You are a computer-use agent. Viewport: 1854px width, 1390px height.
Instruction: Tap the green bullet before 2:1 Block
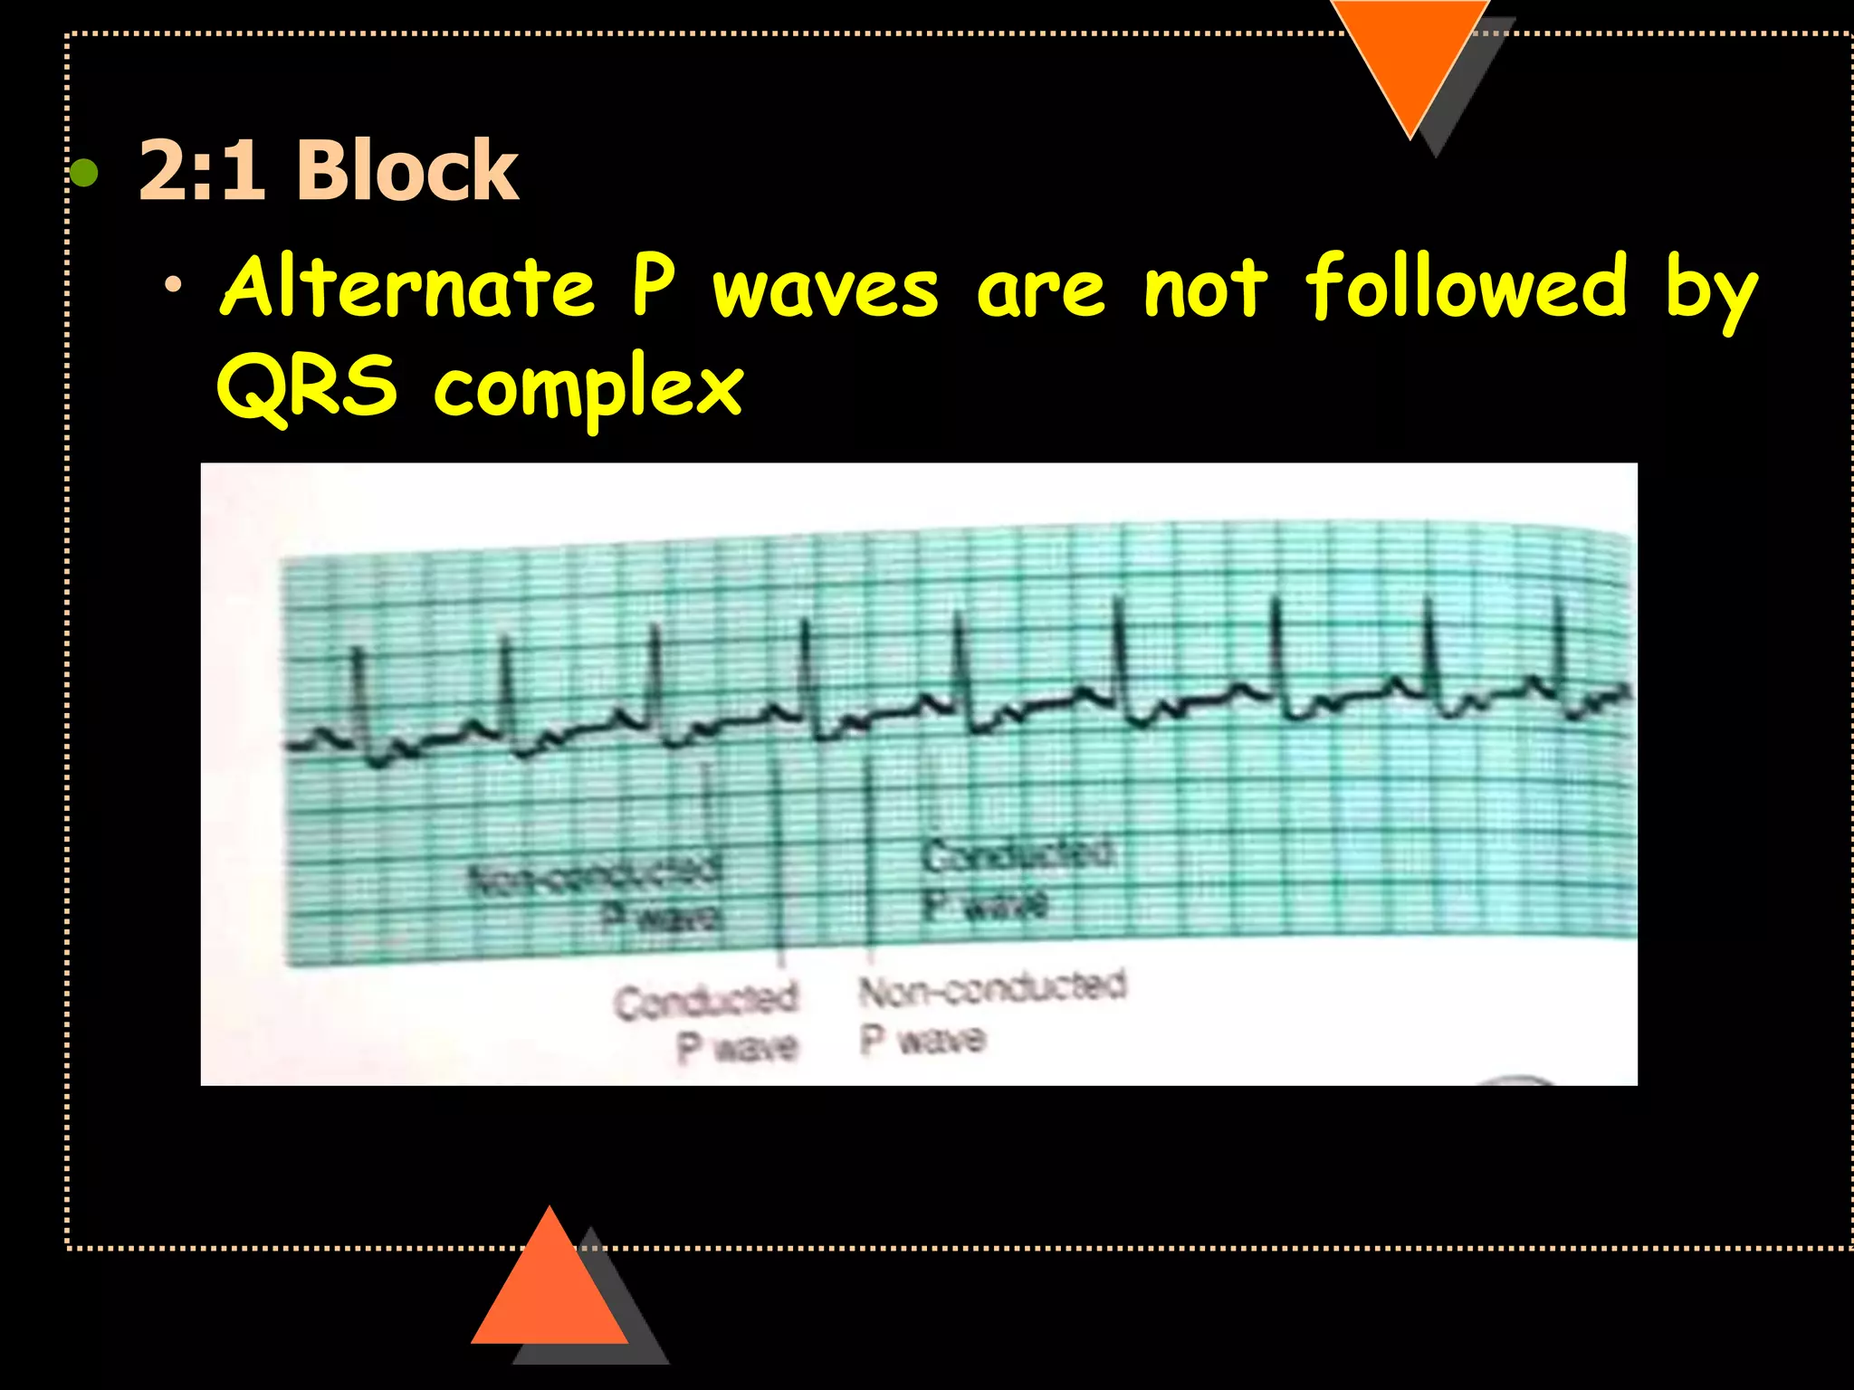(x=84, y=171)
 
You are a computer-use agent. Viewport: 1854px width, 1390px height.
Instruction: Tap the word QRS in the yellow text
(x=307, y=387)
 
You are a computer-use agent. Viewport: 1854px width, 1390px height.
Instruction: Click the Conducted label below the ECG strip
(x=706, y=1001)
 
